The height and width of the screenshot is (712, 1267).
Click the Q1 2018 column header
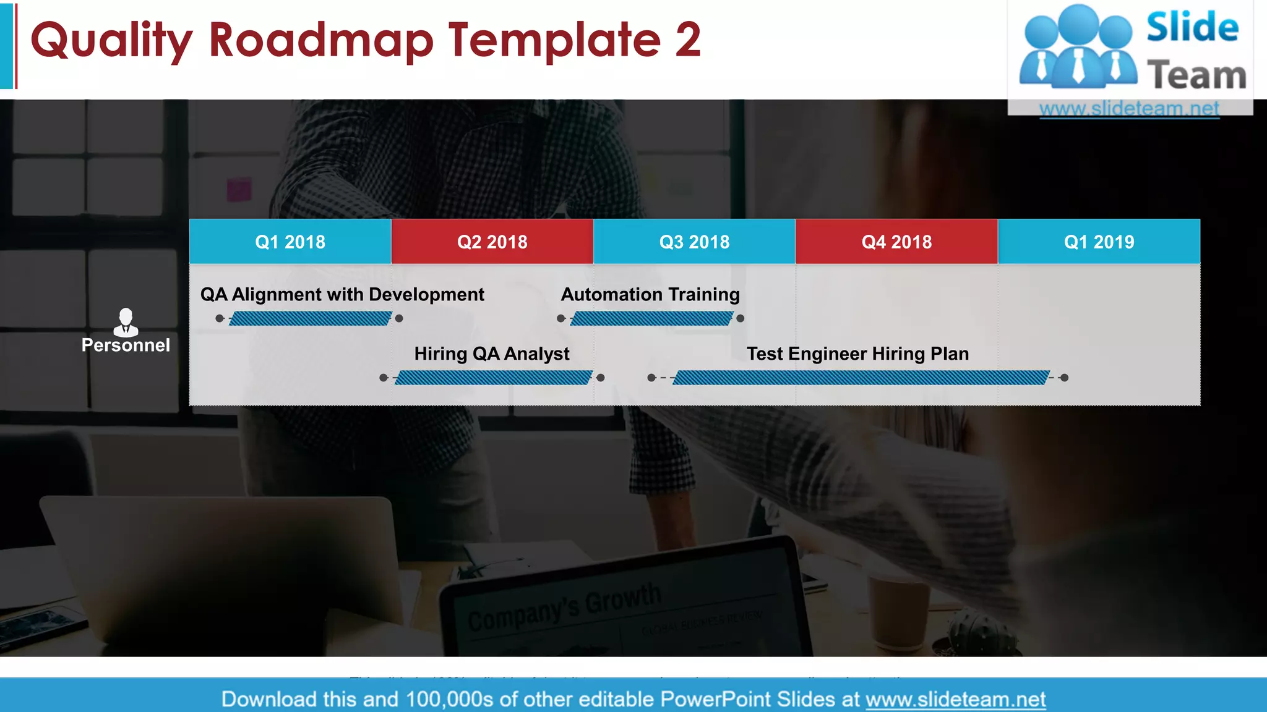point(290,242)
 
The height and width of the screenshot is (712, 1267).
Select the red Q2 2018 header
point(492,242)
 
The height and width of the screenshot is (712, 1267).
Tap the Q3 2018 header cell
point(694,242)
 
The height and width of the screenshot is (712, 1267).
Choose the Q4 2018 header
point(896,242)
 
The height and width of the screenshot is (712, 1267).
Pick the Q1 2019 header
point(1099,242)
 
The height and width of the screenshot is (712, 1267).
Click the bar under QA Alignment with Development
point(310,318)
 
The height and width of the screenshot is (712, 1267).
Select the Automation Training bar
point(651,318)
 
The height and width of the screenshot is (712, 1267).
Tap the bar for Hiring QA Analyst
point(493,378)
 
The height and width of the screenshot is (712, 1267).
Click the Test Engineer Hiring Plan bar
point(861,378)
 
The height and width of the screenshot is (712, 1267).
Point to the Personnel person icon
point(126,321)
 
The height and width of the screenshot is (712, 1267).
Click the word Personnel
point(126,345)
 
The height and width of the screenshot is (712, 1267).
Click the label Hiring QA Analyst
point(492,354)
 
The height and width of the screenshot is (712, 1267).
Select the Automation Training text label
point(650,294)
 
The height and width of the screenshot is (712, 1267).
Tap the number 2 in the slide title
point(688,40)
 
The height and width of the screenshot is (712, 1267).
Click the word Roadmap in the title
point(321,40)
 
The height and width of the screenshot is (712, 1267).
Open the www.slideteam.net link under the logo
point(1129,109)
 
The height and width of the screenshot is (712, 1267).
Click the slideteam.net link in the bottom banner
point(955,699)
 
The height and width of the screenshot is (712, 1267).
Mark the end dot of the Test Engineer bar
point(1064,378)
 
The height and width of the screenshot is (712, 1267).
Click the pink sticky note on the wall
point(239,189)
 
